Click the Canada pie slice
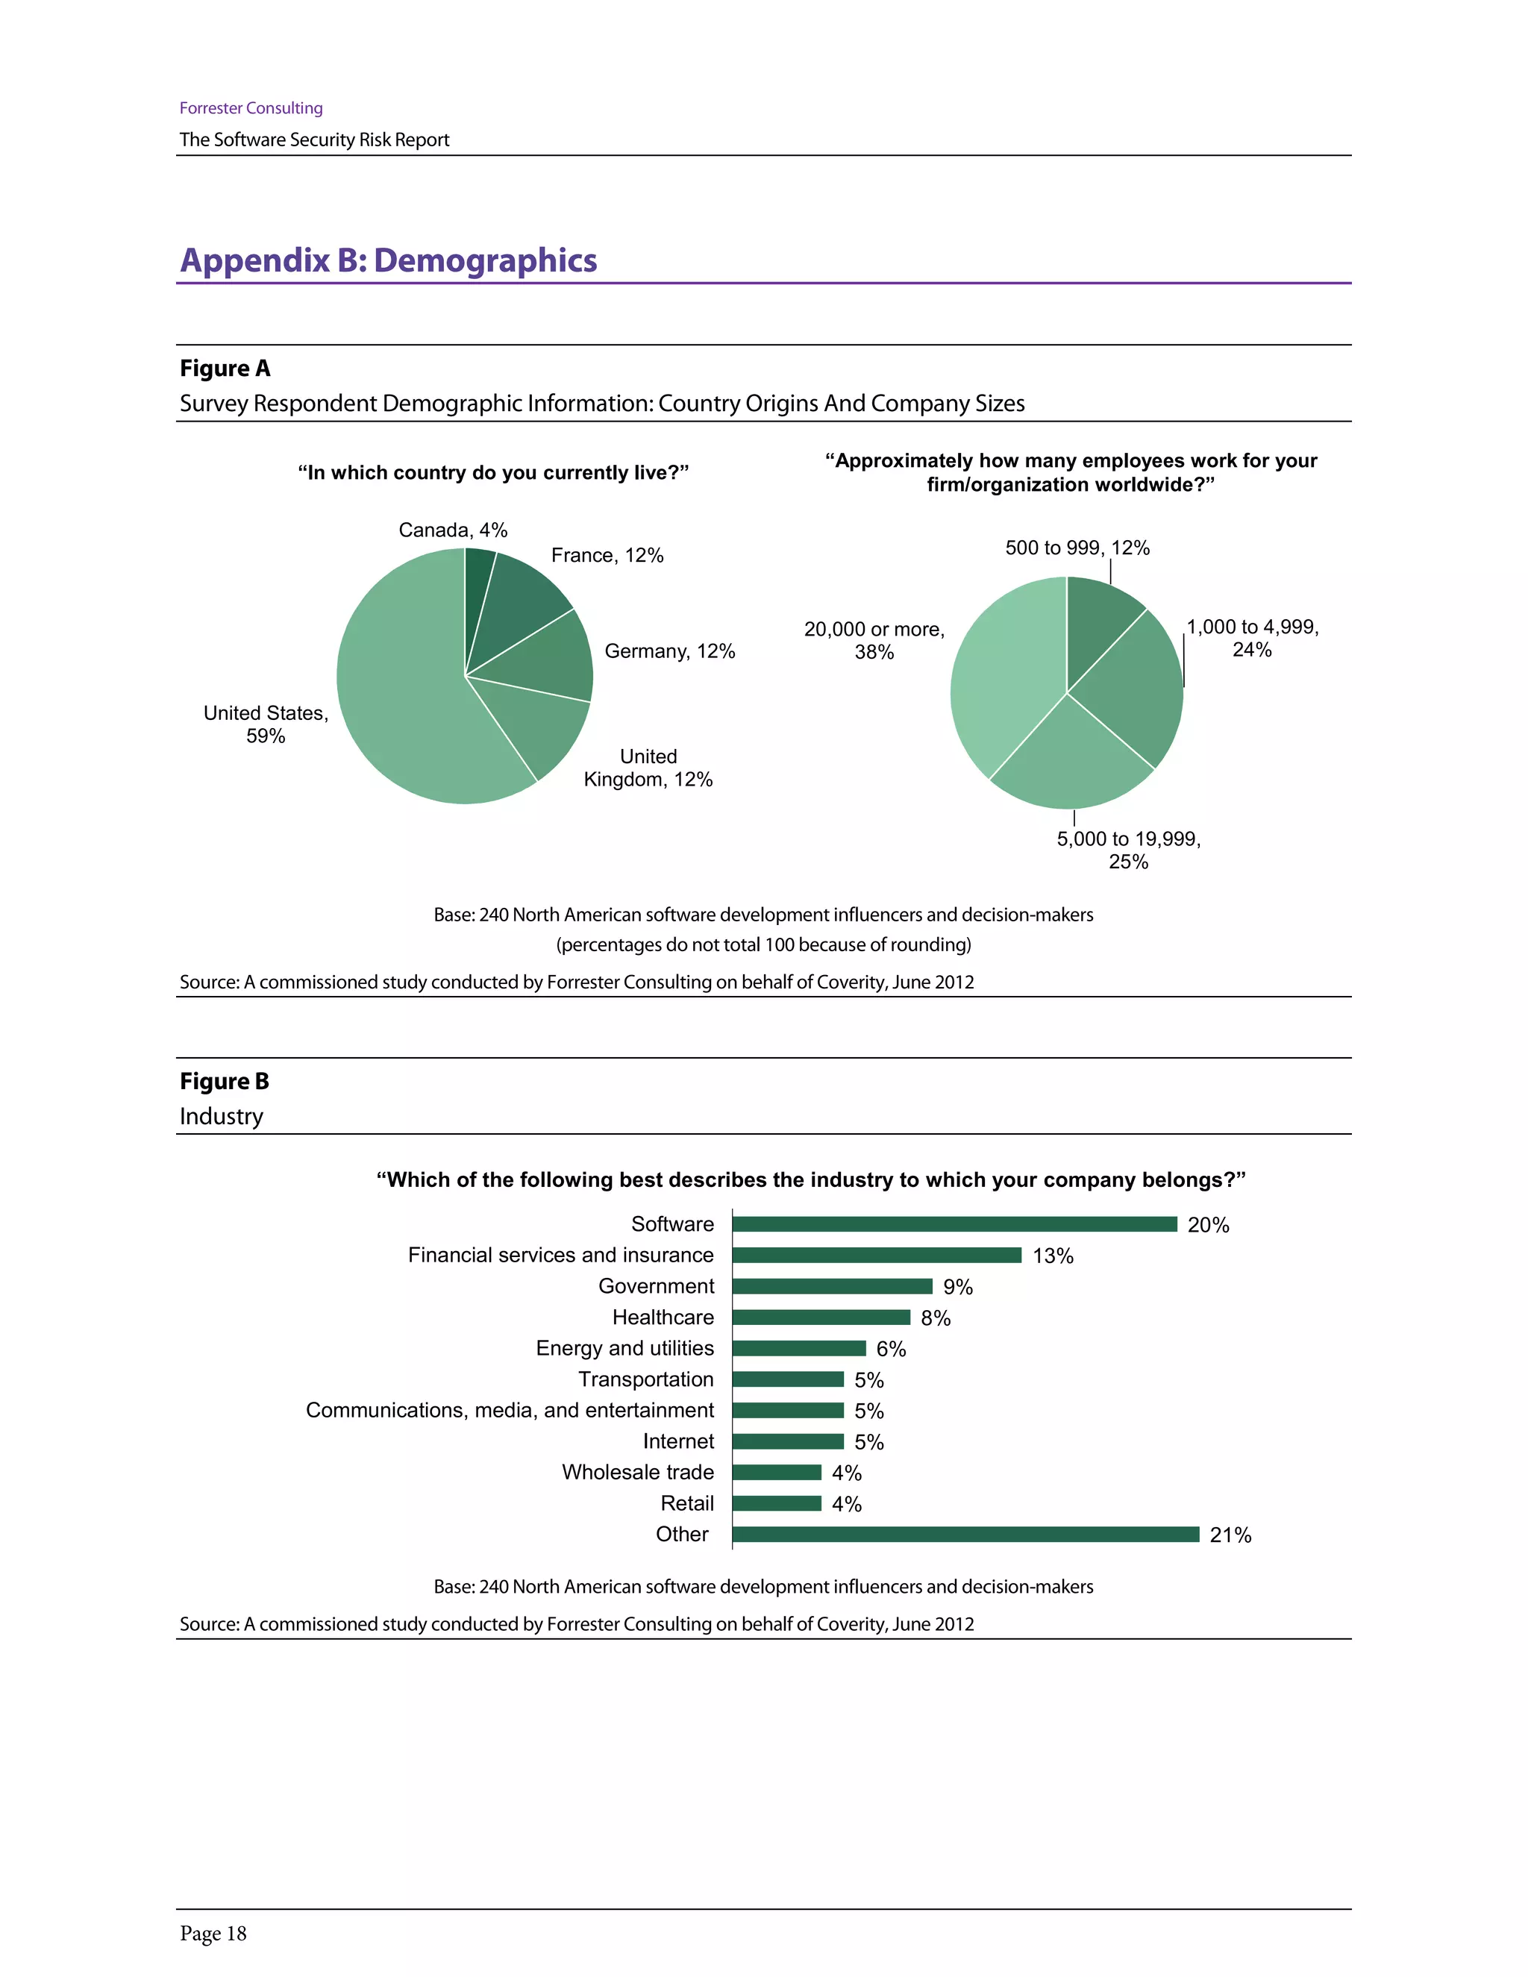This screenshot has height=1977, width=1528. coord(478,580)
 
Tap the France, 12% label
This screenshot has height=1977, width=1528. coord(607,555)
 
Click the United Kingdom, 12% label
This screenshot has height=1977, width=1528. coord(648,768)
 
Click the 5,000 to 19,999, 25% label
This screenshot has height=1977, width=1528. coord(1128,850)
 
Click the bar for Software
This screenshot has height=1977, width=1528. coord(954,1224)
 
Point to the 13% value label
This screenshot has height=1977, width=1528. coord(1052,1256)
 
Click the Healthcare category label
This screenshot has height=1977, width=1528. coord(663,1317)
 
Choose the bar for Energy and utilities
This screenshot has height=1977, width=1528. coord(798,1348)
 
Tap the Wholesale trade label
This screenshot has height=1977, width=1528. coord(637,1472)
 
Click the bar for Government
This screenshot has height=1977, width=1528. coord(832,1286)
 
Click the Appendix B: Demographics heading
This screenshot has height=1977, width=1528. coord(388,260)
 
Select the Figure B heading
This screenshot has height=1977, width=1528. coord(224,1081)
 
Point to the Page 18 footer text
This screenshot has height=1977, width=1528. coord(213,1934)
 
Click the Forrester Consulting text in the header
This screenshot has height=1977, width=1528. coord(251,107)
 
